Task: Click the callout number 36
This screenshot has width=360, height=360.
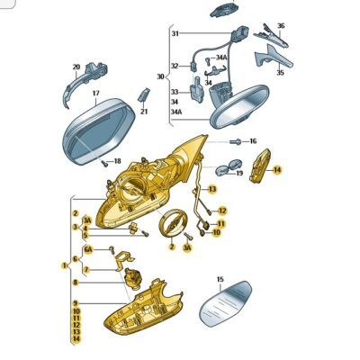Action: point(281,26)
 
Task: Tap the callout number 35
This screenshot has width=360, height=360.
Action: point(280,73)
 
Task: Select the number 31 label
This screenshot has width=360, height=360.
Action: point(175,33)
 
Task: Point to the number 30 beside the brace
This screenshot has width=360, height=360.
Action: point(160,76)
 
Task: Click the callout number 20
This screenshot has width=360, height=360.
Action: point(76,67)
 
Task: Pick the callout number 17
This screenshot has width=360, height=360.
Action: point(95,94)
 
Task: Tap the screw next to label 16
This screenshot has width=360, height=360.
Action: point(236,141)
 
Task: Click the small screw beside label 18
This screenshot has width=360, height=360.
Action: point(104,164)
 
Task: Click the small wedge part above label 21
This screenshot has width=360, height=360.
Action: point(143,95)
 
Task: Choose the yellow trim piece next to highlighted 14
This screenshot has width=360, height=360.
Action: point(260,166)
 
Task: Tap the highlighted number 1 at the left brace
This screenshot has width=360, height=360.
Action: point(64,265)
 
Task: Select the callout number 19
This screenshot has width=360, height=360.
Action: point(239,173)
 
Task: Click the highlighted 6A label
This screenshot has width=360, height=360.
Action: point(88,249)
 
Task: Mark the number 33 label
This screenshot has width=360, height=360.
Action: point(175,92)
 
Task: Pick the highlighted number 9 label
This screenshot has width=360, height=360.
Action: point(76,303)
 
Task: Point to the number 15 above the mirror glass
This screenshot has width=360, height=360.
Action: point(220,280)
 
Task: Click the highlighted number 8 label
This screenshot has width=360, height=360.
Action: point(76,283)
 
